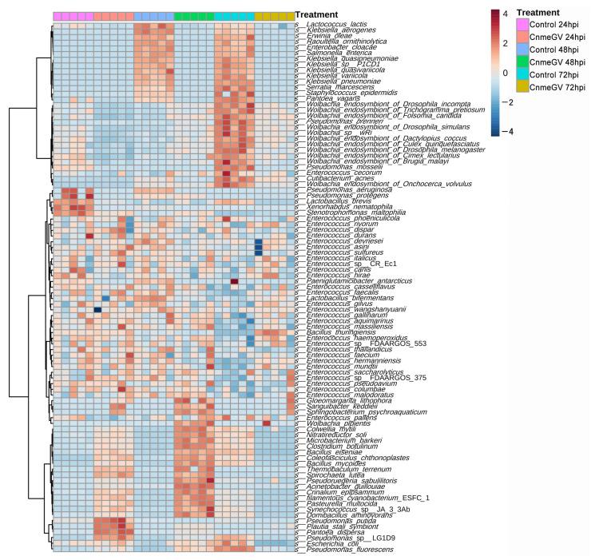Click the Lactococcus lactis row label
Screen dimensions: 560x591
(x=335, y=26)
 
